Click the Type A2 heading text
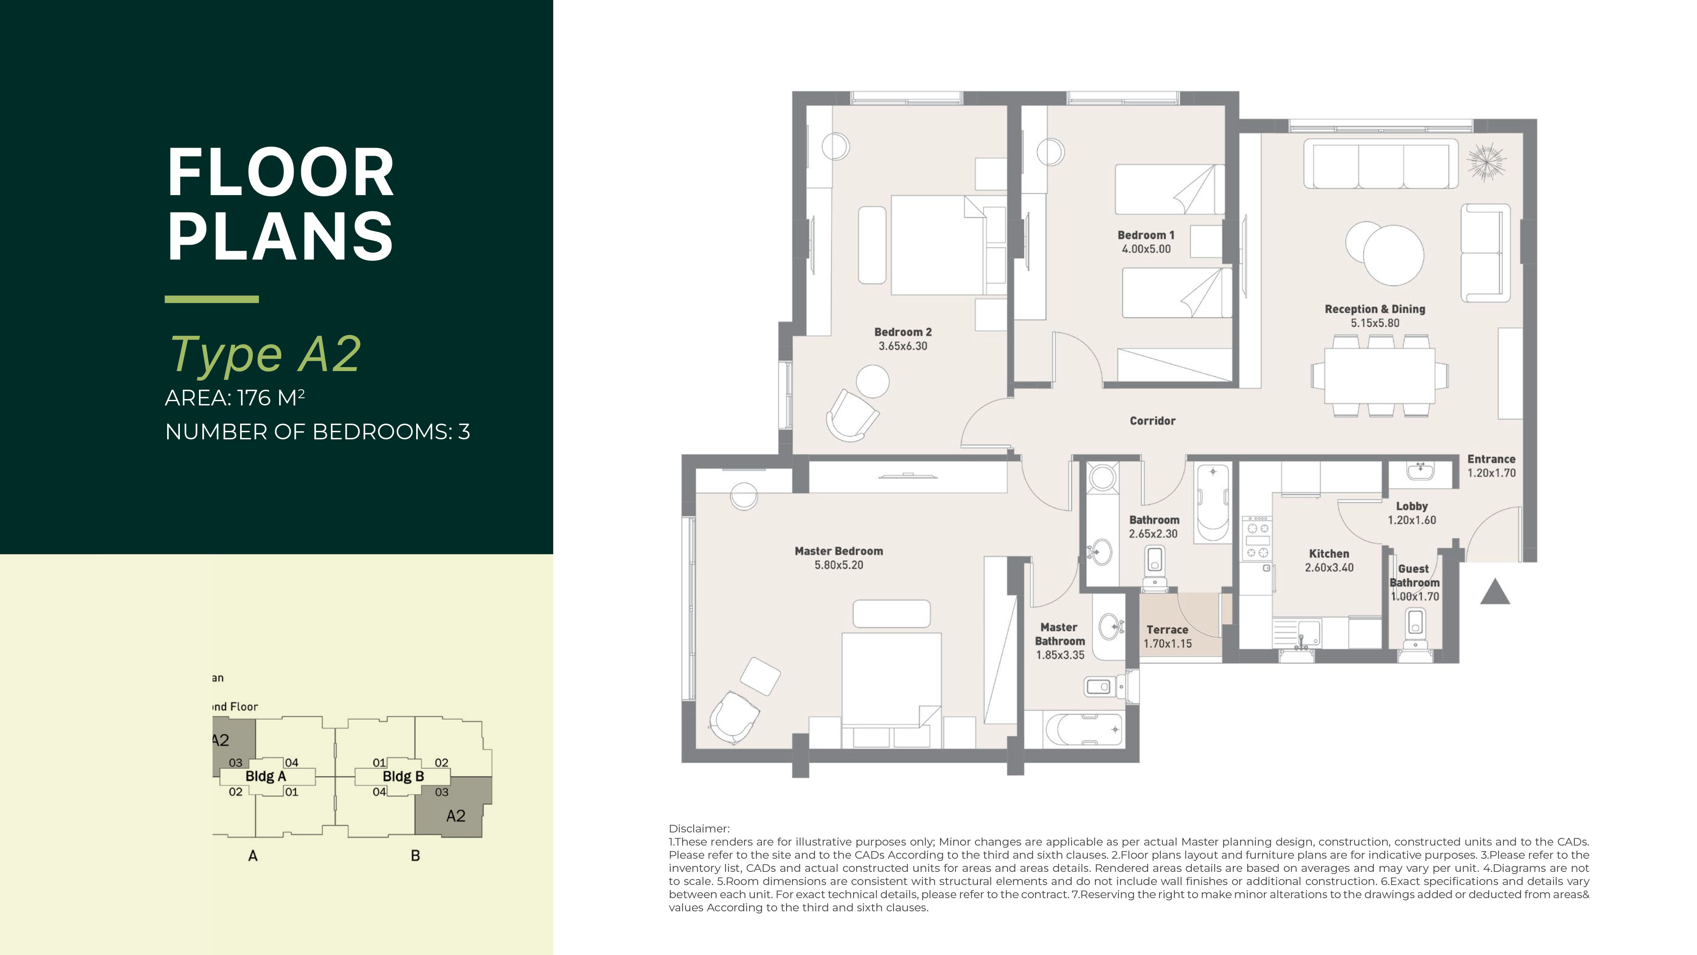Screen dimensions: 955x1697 [x=265, y=355]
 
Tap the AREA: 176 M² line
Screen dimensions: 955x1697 [x=235, y=398]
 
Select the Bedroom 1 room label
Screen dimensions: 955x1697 [x=1145, y=235]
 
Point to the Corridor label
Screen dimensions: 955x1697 [x=1152, y=421]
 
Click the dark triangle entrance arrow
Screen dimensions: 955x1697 [x=1495, y=592]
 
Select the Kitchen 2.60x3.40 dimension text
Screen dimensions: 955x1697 [x=1329, y=568]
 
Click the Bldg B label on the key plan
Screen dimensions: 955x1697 [x=403, y=776]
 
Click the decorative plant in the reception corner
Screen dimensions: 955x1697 [x=1486, y=162]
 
